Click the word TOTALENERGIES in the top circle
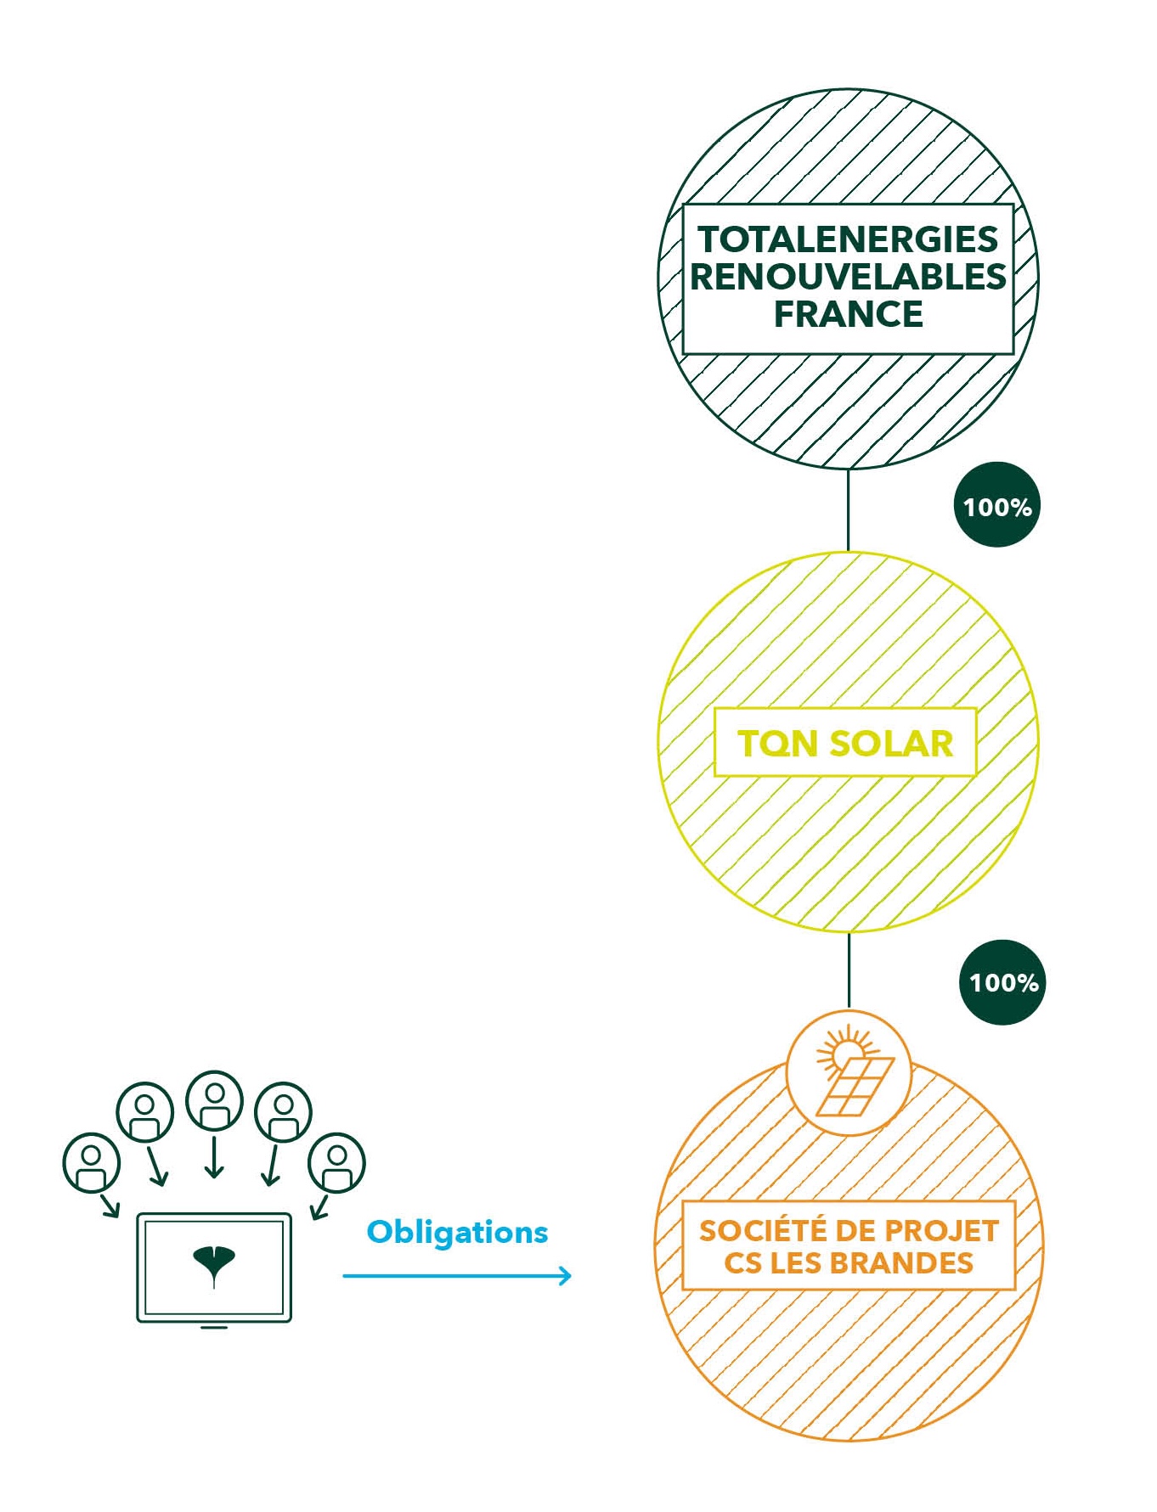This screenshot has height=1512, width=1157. point(848,239)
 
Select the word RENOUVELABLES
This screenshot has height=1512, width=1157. point(848,277)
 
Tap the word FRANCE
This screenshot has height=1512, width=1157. point(848,314)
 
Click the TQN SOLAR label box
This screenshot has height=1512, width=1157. point(844,743)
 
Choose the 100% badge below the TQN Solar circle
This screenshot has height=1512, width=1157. point(1002,982)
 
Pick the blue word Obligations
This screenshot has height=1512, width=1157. point(457,1232)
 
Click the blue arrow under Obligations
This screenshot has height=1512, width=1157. point(457,1275)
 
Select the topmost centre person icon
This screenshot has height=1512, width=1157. point(214,1100)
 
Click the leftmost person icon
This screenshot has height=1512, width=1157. point(91,1162)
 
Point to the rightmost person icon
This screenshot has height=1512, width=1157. point(336,1162)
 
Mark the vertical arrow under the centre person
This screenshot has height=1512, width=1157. point(214,1156)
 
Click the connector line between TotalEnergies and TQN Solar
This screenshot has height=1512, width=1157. point(848,509)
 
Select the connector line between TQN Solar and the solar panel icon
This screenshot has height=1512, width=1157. point(849,970)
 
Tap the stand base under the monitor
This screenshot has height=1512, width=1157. point(213,1327)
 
